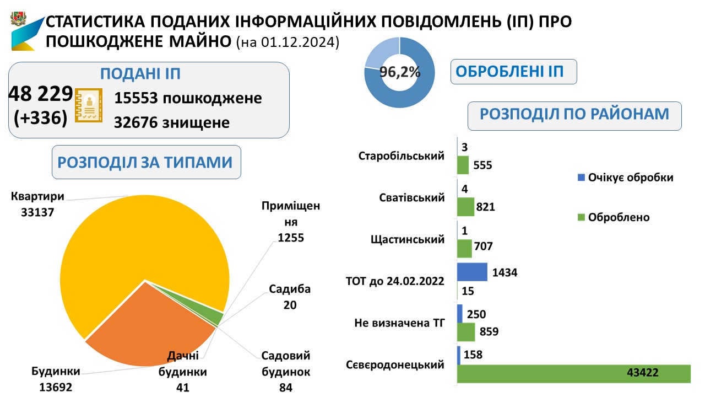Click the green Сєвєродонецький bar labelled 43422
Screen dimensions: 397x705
573,373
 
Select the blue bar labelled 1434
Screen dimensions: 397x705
472,272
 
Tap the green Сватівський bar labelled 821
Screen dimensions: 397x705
465,207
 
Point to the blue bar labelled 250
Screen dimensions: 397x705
460,313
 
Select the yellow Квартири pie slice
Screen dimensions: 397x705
143,237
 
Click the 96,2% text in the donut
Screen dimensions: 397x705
400,72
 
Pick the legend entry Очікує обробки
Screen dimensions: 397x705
625,178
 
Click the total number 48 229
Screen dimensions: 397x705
41,94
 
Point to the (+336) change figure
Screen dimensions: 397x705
40,117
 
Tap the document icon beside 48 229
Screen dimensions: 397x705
88,104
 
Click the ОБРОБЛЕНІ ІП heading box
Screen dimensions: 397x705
513,72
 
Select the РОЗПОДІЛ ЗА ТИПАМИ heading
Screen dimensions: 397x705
146,162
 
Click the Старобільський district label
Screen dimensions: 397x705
401,156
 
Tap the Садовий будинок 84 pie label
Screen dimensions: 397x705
285,371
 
